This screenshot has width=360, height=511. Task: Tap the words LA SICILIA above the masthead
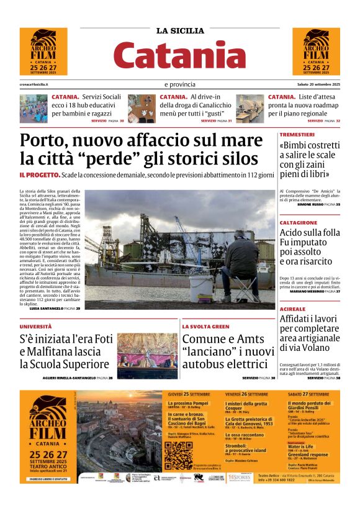point(179,30)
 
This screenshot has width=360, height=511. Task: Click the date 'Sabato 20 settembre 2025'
point(318,84)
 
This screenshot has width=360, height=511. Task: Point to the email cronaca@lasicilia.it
point(34,84)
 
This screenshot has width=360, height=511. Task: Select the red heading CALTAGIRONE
point(299,222)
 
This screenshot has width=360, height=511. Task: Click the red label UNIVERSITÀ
point(35,326)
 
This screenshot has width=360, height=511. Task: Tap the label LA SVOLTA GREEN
point(205,326)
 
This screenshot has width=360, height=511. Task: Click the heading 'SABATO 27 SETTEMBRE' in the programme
point(309,394)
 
